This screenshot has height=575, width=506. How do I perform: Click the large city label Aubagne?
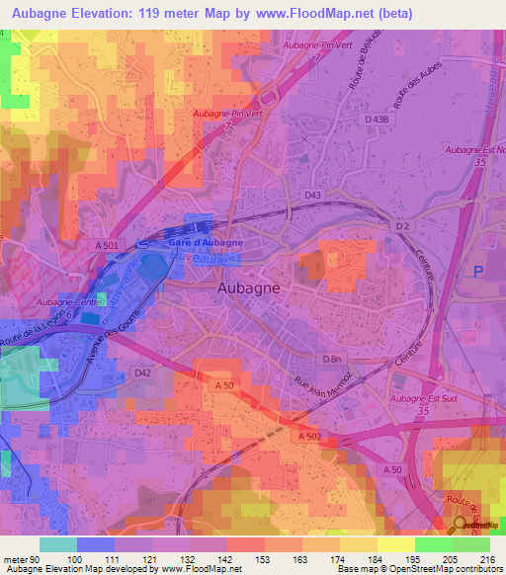tap(247, 287)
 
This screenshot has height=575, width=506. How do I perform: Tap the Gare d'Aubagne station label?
tap(205, 242)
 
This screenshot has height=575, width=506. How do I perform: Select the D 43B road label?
tap(377, 120)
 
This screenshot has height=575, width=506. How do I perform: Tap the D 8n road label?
tap(331, 357)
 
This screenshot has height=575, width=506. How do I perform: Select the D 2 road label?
tap(403, 227)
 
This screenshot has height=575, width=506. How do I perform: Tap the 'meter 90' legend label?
tap(21, 559)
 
